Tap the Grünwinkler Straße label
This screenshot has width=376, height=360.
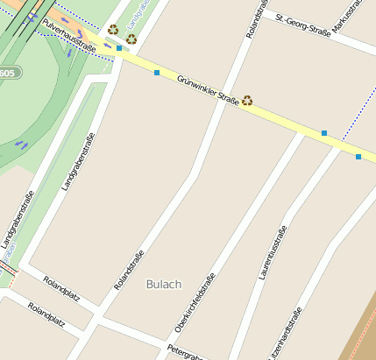(x=208, y=91)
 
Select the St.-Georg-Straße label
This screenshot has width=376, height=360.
(x=302, y=25)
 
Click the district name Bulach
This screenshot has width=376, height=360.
(x=164, y=284)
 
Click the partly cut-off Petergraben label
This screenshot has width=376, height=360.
(x=186, y=351)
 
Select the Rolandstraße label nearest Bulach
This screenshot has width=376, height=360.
(x=129, y=271)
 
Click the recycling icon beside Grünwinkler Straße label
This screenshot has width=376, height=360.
(x=247, y=101)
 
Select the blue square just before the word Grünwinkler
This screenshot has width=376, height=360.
(x=157, y=73)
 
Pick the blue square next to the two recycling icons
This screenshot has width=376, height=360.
(x=119, y=48)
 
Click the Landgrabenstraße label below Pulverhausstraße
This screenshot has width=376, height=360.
(x=77, y=161)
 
